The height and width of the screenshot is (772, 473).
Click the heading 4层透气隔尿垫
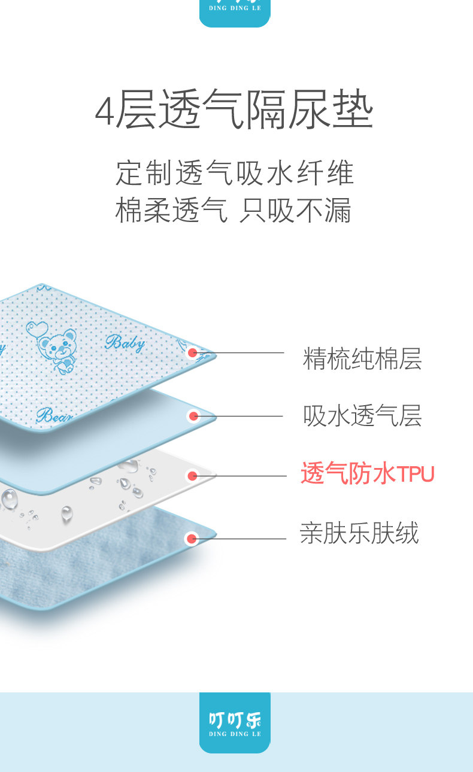(235, 111)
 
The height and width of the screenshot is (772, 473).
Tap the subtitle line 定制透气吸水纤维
(235, 173)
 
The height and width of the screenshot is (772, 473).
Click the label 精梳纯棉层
(362, 358)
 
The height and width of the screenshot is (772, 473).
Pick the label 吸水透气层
(362, 416)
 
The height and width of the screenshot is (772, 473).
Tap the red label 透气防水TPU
(367, 474)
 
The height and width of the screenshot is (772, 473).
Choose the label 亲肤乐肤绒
(359, 533)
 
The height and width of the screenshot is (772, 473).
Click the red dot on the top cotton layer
(192, 353)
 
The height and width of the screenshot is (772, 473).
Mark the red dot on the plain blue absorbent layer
(193, 416)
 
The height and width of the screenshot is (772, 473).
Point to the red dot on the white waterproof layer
(192, 476)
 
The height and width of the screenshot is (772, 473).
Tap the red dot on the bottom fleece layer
(192, 539)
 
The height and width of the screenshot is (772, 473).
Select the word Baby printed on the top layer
(125, 342)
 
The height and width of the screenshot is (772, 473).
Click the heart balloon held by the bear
(37, 329)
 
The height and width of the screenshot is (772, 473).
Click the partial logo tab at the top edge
(235, 12)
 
